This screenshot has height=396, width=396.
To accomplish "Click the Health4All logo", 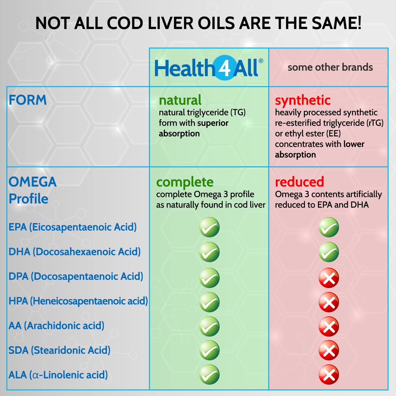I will [x=209, y=68].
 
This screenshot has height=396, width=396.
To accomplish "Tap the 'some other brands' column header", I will [x=330, y=67].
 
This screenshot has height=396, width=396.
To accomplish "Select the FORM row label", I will [x=28, y=100].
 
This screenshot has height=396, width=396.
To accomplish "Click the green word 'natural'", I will [x=180, y=100].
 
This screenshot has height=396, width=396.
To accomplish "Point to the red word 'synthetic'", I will [x=303, y=100].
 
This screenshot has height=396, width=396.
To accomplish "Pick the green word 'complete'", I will [x=185, y=182].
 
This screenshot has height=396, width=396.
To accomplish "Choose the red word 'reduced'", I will [x=299, y=182].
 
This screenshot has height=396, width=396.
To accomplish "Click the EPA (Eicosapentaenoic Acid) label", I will [x=73, y=227].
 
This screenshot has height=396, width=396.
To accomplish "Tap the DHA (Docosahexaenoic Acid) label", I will [x=74, y=252].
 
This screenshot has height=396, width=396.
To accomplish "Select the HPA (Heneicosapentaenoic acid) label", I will [x=78, y=301].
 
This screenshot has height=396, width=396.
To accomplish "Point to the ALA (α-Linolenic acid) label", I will [x=58, y=375].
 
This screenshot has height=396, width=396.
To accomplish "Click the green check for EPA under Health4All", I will [x=209, y=227].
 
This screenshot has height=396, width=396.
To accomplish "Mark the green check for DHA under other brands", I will [x=329, y=252].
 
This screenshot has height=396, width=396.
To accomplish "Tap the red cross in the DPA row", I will [x=329, y=278].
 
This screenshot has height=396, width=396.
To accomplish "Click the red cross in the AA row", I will [x=329, y=327].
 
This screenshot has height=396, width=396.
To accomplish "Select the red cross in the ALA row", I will [x=329, y=375].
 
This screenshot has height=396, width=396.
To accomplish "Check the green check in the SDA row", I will [x=209, y=350].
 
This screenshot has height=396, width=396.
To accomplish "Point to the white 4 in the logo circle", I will [x=225, y=68].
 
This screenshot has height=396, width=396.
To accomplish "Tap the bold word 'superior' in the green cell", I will [x=213, y=123].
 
